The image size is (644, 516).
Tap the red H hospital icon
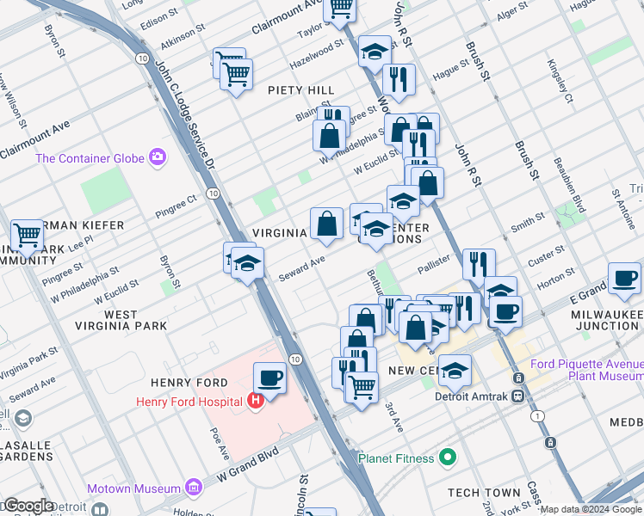[254, 401]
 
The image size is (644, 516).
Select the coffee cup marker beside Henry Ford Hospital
[269, 378]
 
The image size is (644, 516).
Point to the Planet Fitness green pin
[446, 458]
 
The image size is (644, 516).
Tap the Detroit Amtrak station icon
[518, 396]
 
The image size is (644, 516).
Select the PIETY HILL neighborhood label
[300, 90]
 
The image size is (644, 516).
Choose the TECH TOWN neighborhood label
[485, 493]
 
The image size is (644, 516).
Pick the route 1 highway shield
[539, 416]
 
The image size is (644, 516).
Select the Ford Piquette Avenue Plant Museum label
[586, 370]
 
